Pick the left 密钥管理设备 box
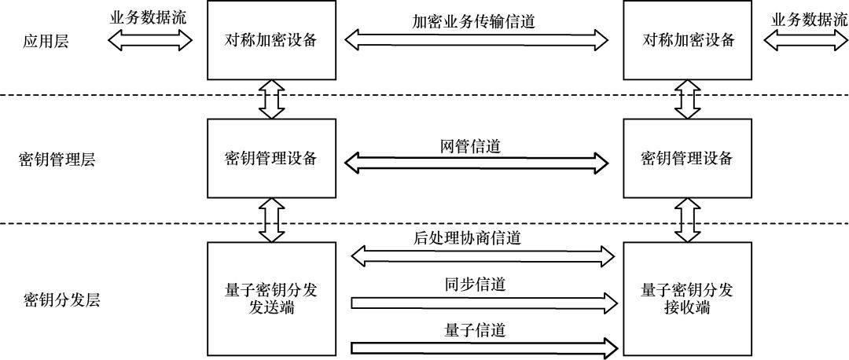click(x=270, y=158)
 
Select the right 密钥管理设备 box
click(x=687, y=158)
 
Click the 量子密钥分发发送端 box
click(x=270, y=299)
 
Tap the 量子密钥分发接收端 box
click(x=687, y=299)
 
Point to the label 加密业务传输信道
click(x=474, y=22)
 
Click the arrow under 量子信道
click(x=483, y=347)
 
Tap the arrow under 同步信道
click(x=483, y=301)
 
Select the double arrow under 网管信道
click(x=478, y=163)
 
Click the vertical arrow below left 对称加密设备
click(x=270, y=101)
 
